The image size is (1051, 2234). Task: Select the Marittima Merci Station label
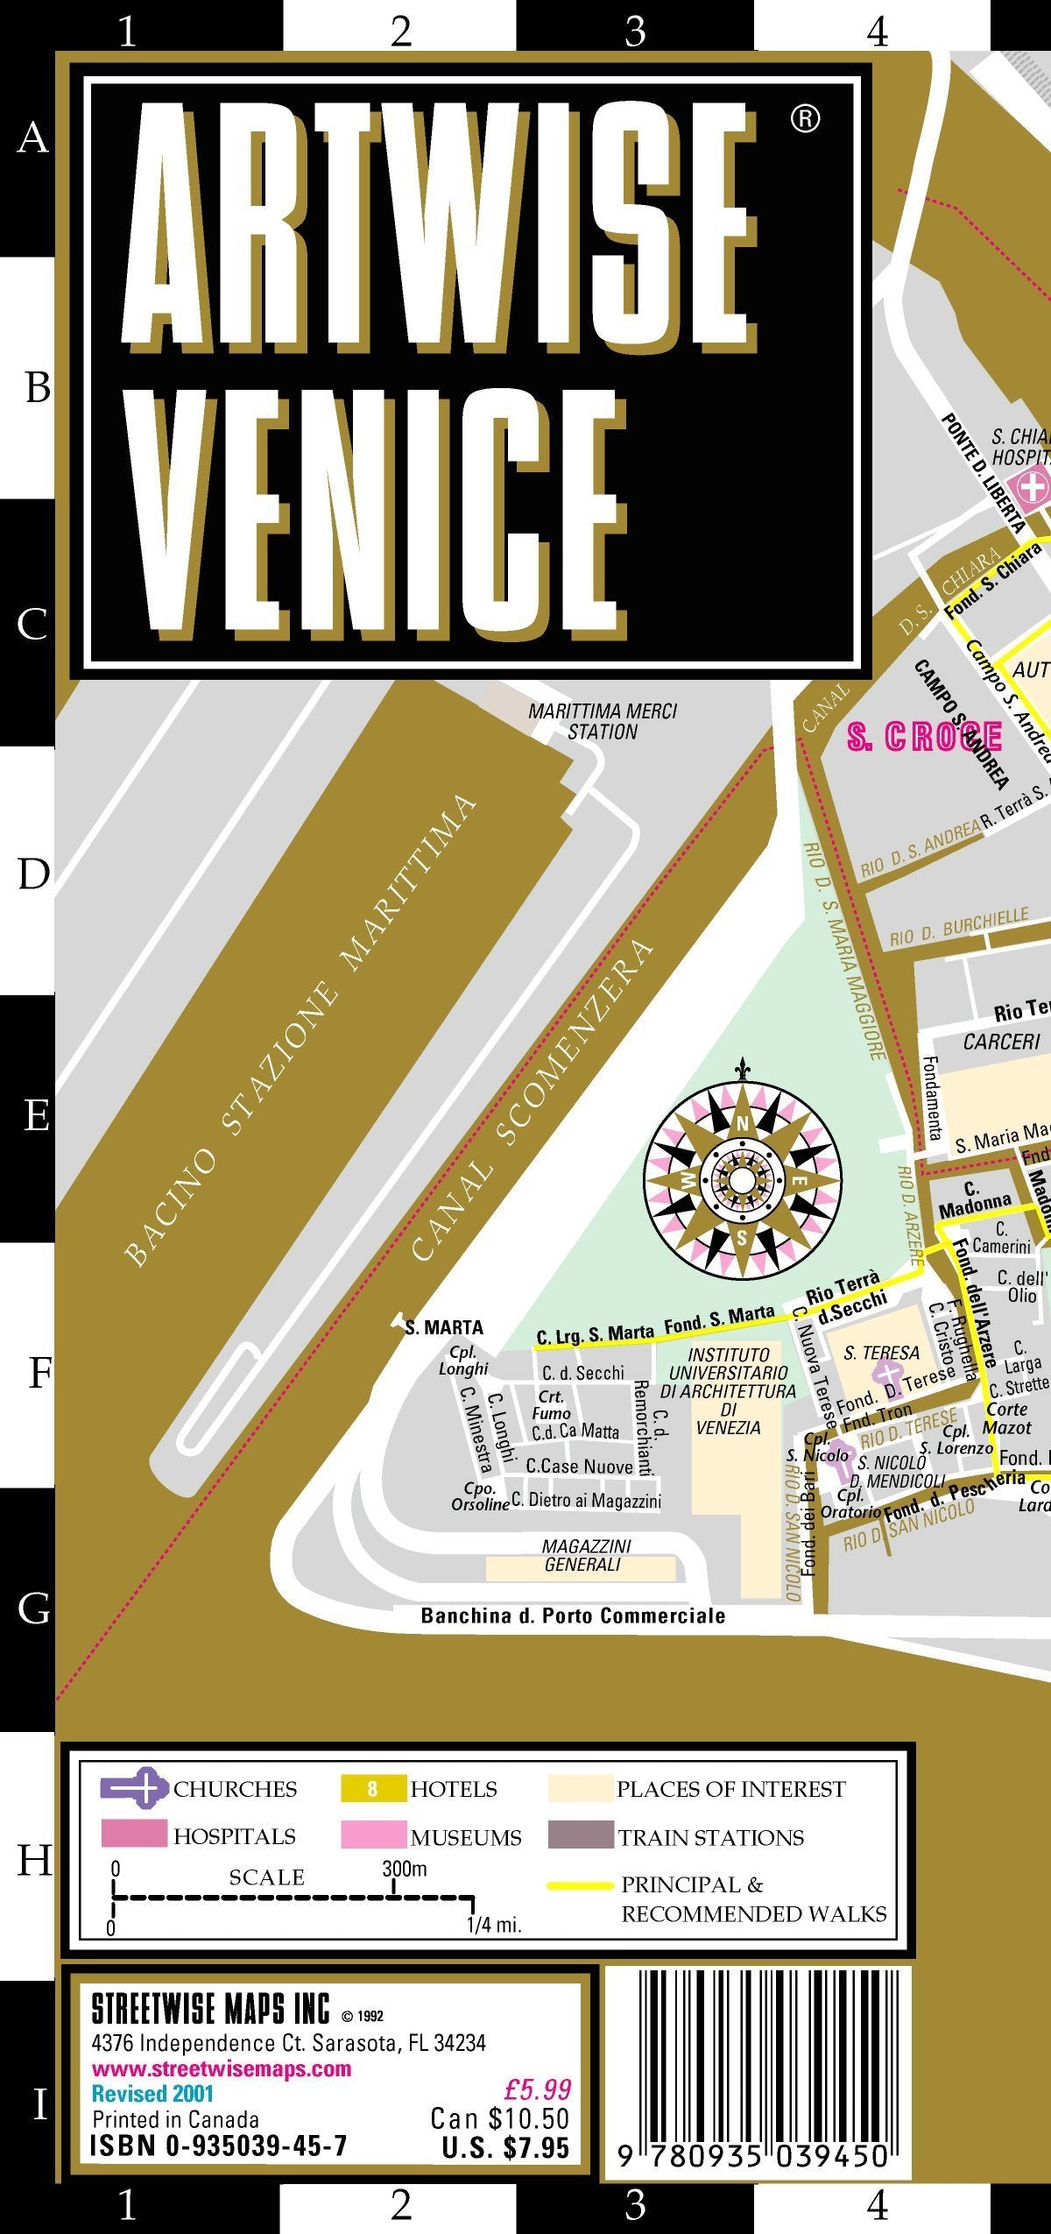pos(603,721)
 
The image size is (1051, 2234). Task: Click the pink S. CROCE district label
pos(924,737)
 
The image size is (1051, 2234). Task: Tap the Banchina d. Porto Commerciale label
pos(573,1615)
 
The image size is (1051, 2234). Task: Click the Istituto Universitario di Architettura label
pos(728,1390)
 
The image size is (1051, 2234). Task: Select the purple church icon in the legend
pos(134,1788)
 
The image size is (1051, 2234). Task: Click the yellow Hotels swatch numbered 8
pos(373,1788)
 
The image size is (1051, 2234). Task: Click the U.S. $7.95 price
pos(505,2147)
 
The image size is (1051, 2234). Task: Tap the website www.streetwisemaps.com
pos(221,2068)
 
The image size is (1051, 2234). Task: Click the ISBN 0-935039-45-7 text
pos(219,2146)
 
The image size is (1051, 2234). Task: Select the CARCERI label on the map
pos(1001,1042)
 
